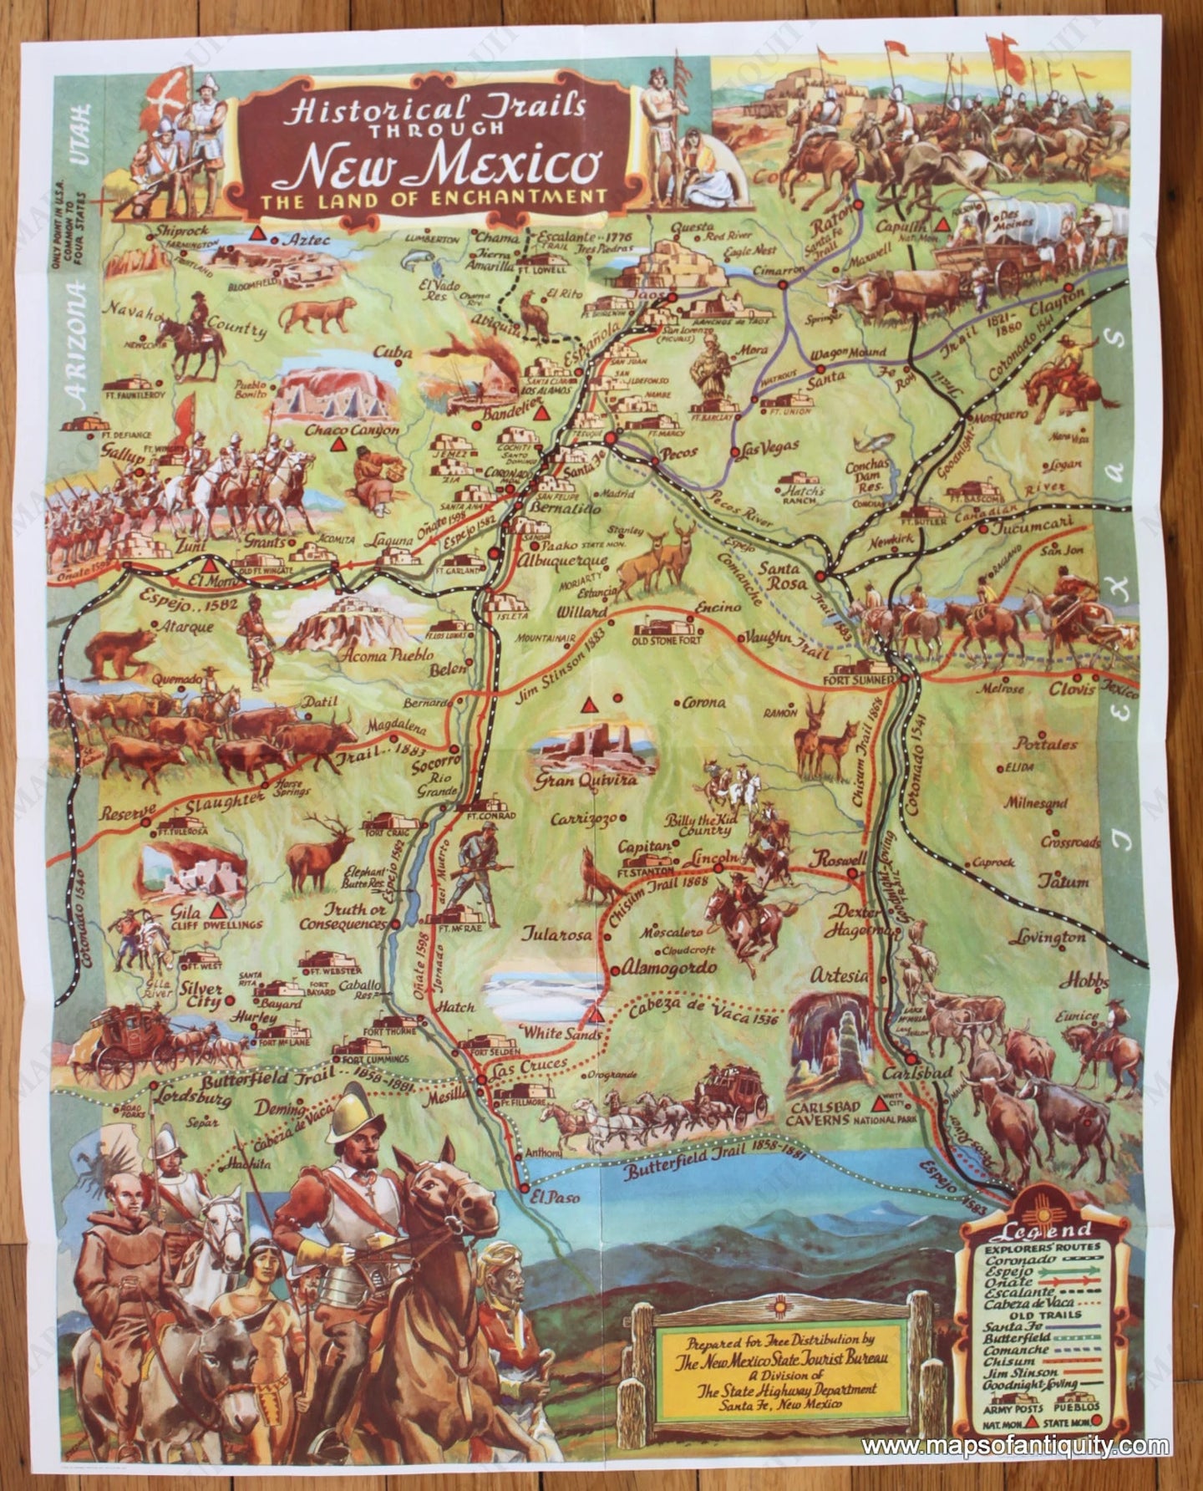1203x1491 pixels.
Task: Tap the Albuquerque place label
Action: point(551,559)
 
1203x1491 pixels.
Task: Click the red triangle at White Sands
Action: point(595,1014)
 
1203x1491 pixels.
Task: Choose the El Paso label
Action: point(552,1197)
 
